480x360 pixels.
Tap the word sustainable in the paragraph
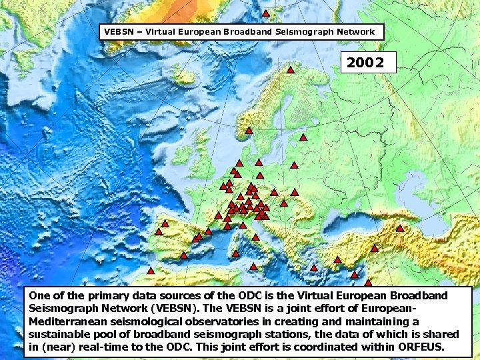(x=61, y=335)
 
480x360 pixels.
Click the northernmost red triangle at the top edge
(x=265, y=13)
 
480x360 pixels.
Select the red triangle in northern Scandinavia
(x=291, y=70)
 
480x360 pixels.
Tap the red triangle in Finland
(x=303, y=138)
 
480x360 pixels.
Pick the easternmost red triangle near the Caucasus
(x=400, y=229)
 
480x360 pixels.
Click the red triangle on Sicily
(x=253, y=267)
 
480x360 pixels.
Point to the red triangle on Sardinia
(x=236, y=254)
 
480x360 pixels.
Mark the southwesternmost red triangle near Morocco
(x=151, y=271)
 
